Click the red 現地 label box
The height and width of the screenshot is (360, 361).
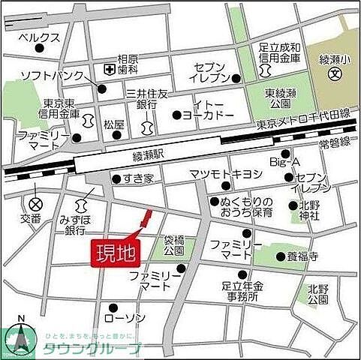tap(115, 253)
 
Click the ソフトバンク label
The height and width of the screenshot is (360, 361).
tap(46, 76)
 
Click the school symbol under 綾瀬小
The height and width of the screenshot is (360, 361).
tap(334, 75)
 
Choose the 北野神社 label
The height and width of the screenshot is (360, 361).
tap(310, 211)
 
